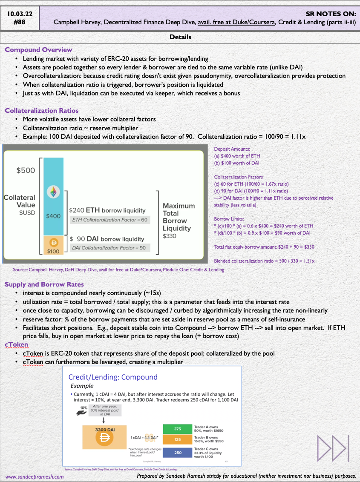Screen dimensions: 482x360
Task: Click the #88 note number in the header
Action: tap(20, 22)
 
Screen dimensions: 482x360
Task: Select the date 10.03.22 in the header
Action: tap(20, 14)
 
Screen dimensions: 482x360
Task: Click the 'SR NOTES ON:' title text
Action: tap(331, 14)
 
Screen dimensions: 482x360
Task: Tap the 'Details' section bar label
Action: tap(180, 37)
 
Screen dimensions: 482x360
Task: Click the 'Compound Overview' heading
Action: tap(38, 50)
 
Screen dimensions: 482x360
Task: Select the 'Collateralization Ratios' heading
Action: tap(41, 111)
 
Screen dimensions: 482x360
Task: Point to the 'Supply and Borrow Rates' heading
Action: tap(44, 284)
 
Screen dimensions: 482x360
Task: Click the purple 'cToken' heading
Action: tap(17, 344)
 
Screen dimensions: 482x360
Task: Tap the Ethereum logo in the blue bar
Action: tap(53, 192)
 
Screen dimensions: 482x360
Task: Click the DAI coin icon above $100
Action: tap(54, 243)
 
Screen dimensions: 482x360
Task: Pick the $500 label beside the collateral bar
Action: tap(26, 170)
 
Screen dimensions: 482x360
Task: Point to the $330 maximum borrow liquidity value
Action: tap(170, 236)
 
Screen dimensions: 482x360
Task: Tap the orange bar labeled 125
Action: tap(177, 439)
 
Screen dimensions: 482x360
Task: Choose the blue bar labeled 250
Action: tap(177, 453)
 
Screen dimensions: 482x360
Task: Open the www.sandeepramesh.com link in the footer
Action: tap(35, 476)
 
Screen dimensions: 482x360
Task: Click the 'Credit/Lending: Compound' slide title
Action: tap(113, 377)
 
